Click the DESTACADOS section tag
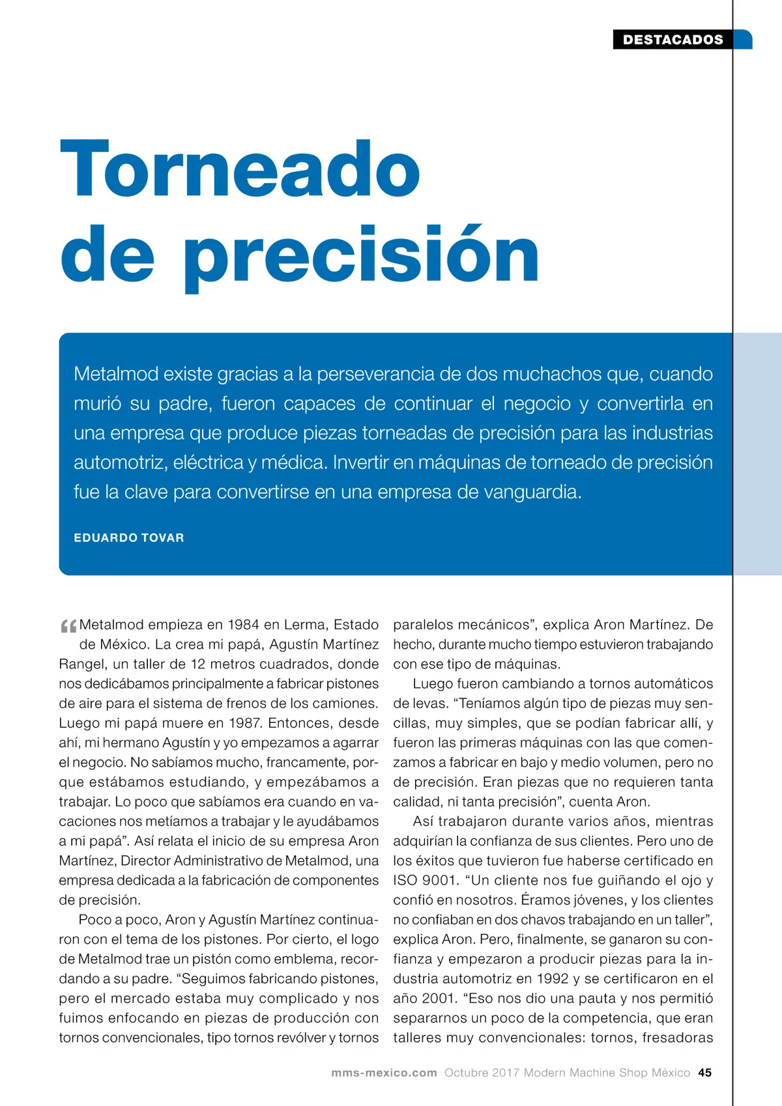tap(673, 40)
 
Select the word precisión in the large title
tap(362, 256)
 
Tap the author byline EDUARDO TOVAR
tap(129, 538)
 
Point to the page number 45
tap(705, 1073)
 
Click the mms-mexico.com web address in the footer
tap(384, 1073)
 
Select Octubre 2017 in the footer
tap(482, 1073)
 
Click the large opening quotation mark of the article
tap(68, 627)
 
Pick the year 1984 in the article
tap(244, 625)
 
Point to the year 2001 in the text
tap(437, 999)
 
